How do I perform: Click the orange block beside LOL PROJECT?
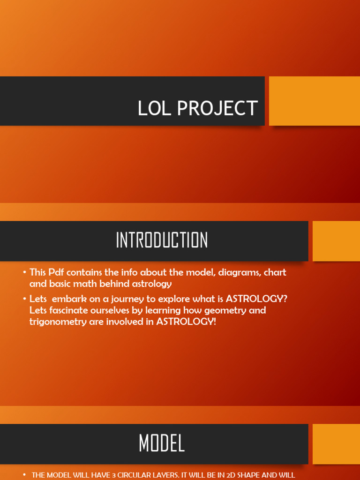[314, 101]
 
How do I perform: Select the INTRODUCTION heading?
[162, 240]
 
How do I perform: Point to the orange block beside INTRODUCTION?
[336, 241]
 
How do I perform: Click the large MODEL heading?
[162, 443]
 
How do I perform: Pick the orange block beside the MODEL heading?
[336, 444]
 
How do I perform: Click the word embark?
[70, 299]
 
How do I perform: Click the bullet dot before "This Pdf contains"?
[24, 272]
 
